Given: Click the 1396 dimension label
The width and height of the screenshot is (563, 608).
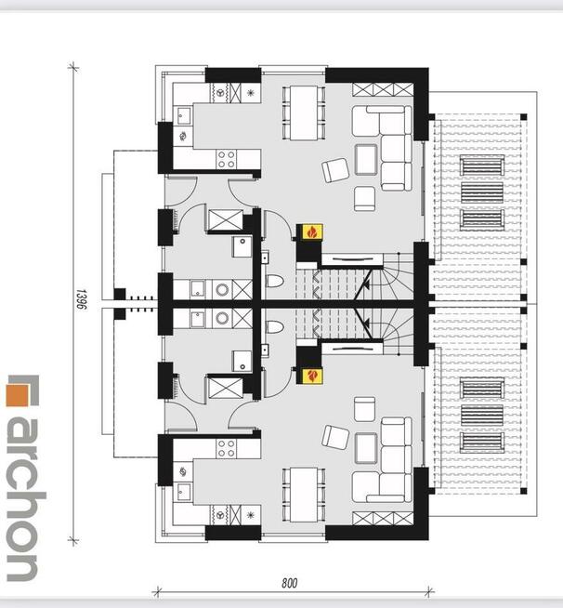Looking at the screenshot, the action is point(81,299).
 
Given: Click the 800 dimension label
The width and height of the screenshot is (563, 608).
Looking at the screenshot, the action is point(290,583).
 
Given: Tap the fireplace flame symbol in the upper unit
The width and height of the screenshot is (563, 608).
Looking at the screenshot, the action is point(312,232).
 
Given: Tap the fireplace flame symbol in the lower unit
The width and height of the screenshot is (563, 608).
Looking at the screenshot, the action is point(312,376).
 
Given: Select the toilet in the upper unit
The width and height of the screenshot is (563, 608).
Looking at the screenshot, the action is point(274,281).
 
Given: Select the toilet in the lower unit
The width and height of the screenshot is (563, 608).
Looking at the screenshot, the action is point(274,327).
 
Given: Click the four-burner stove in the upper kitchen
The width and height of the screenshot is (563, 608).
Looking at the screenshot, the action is point(227,159).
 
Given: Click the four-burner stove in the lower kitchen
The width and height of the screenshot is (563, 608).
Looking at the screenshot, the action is point(227,449).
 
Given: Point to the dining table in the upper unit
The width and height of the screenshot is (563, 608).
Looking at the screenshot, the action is point(304,112).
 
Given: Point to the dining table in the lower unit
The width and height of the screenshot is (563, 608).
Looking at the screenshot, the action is point(304,495).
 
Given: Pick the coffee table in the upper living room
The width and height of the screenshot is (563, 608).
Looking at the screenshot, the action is point(366,160).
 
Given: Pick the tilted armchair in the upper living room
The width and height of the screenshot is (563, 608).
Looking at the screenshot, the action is point(335,170).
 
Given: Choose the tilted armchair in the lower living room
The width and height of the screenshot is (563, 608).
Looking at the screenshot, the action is point(335,437).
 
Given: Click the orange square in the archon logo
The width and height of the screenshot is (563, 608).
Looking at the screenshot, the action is point(18,395).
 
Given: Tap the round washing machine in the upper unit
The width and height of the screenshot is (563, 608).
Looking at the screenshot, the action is point(222,290).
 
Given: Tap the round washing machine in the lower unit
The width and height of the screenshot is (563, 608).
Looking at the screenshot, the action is point(222,318).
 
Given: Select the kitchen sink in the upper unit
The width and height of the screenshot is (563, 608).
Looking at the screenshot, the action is point(182,115).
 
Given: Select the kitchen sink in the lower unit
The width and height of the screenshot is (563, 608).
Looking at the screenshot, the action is point(182,493).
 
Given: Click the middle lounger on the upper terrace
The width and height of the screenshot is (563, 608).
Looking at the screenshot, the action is point(482,192).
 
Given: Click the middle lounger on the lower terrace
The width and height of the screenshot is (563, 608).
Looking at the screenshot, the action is point(482,416).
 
